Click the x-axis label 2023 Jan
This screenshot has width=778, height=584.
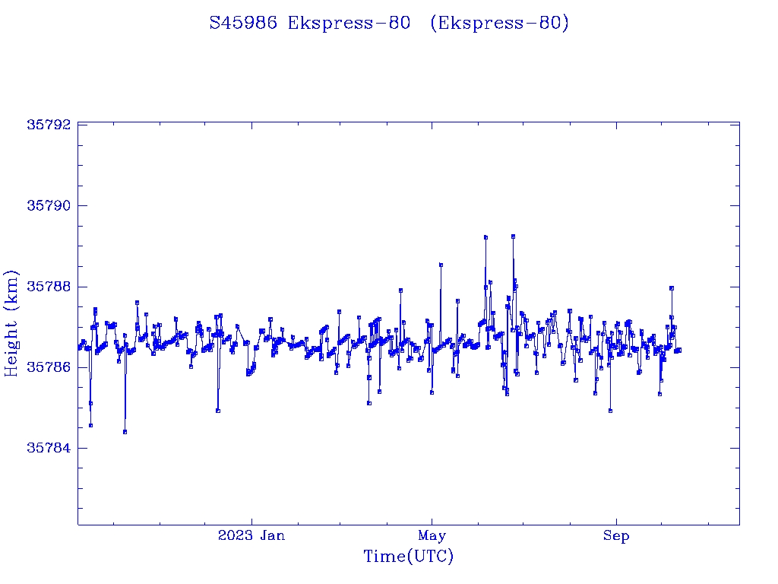click(251, 536)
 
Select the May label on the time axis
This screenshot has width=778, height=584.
click(432, 536)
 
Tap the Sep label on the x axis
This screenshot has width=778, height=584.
click(616, 536)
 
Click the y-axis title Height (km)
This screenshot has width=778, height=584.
click(11, 323)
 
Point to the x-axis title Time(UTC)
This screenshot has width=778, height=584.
click(409, 557)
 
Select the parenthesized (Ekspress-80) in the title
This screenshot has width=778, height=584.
click(499, 24)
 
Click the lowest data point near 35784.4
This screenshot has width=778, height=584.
click(125, 431)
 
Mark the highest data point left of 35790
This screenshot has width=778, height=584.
click(514, 236)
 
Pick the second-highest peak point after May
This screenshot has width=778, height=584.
click(485, 237)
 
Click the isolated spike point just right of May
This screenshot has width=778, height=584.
click(441, 265)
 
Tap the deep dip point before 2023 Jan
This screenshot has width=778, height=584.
click(218, 411)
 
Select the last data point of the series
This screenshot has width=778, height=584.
click(679, 350)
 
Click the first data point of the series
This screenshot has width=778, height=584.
click(79, 348)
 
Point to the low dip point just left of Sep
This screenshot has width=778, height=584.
click(610, 411)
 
